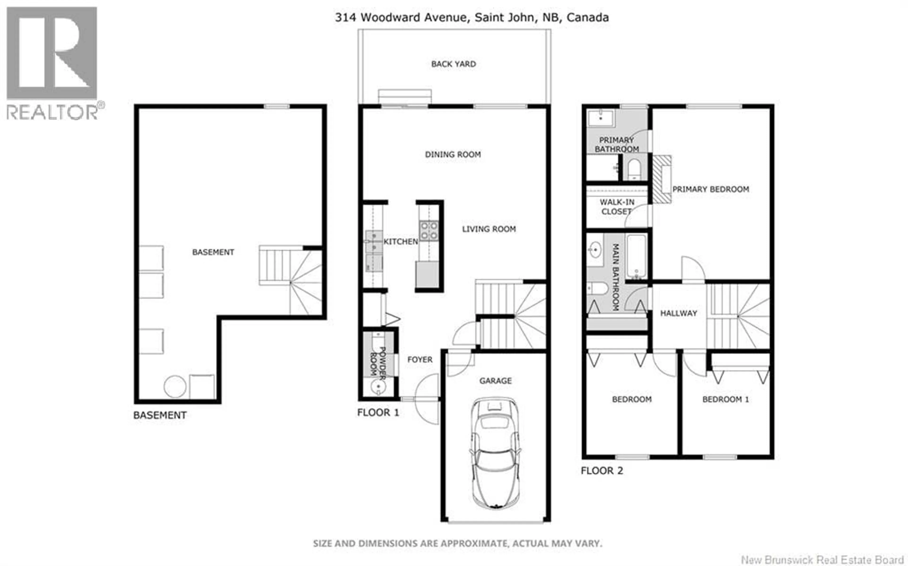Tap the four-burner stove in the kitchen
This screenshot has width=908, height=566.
(428, 231)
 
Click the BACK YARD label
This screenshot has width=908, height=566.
(453, 64)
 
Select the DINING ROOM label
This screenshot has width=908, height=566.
(453, 154)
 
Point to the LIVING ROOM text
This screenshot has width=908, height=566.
(489, 229)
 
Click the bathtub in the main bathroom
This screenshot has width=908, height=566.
(636, 256)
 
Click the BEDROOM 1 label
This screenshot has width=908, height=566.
(725, 399)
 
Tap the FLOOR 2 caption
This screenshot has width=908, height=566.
(602, 471)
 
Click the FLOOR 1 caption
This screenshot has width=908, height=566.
(378, 412)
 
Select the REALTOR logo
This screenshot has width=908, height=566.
(52, 64)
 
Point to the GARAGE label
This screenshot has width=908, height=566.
(495, 381)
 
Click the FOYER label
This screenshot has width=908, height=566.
(419, 359)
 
